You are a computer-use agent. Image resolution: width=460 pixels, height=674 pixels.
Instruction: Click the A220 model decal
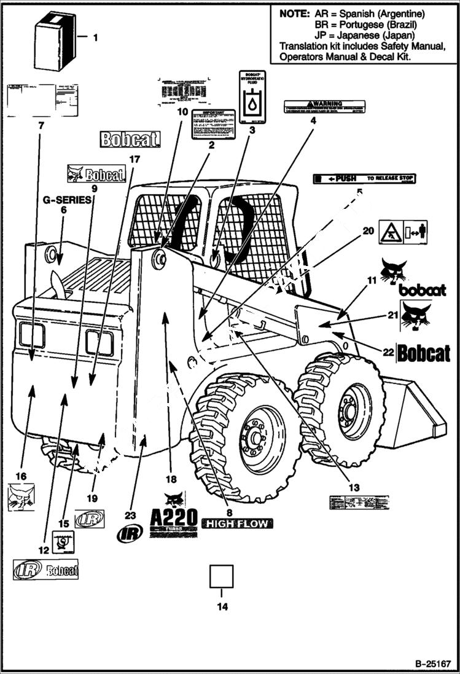click(x=174, y=514)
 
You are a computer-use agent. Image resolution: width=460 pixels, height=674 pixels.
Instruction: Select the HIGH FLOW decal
click(x=236, y=523)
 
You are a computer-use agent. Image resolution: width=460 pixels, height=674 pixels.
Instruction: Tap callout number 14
click(x=222, y=607)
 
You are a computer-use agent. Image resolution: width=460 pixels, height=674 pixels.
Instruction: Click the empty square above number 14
click(x=222, y=576)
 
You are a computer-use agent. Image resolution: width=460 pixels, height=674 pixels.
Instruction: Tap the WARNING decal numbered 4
click(x=324, y=107)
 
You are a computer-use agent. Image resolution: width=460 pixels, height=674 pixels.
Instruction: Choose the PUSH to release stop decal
click(x=364, y=179)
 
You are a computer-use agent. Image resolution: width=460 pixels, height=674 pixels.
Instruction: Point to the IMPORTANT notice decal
click(x=213, y=125)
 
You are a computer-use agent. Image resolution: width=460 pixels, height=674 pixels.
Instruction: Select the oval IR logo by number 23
click(x=130, y=533)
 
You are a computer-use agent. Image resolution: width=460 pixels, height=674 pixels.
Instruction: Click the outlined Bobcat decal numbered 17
click(x=130, y=139)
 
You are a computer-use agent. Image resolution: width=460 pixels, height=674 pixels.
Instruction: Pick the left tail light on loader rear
click(x=32, y=335)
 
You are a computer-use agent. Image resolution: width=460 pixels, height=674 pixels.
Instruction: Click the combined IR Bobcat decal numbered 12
click(x=47, y=570)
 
